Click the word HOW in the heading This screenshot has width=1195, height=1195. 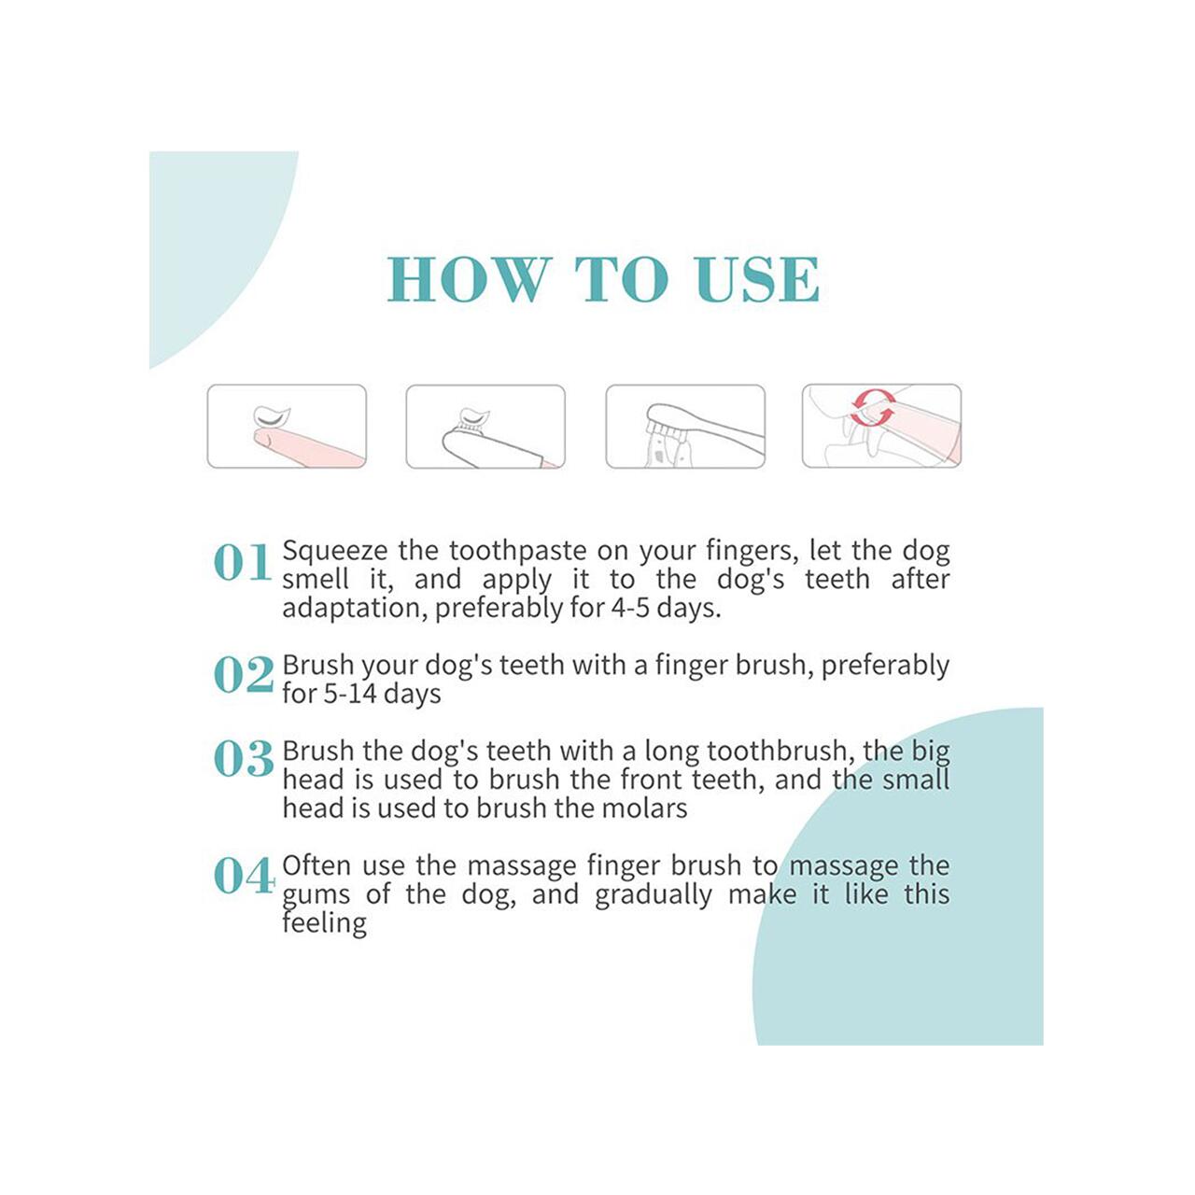[470, 279]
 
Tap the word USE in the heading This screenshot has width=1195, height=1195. [757, 279]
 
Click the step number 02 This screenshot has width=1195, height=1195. [243, 675]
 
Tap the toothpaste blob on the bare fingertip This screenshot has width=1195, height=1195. [272, 416]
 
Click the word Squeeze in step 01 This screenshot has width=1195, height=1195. [335, 552]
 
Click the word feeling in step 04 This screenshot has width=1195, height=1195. [324, 924]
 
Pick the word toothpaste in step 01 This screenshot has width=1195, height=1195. [517, 552]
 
